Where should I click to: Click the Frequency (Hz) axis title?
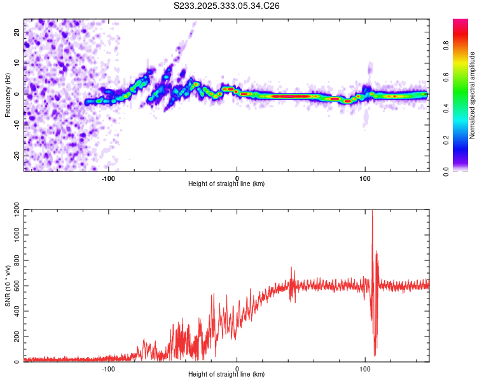[8, 94]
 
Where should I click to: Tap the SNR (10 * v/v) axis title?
[8, 283]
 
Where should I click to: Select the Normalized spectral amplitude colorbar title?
[473, 95]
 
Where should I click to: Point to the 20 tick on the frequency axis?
[17, 32]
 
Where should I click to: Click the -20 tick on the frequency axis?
[15, 156]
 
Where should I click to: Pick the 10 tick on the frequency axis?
[17, 63]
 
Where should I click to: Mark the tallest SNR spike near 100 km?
[372, 213]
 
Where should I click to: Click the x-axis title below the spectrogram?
[226, 184]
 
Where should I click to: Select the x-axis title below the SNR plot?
[226, 374]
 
